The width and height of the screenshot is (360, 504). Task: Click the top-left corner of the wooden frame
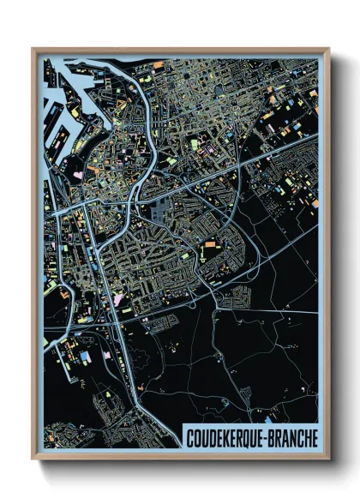coord(33,50)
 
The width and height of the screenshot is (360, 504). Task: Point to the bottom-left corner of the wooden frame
coord(33,458)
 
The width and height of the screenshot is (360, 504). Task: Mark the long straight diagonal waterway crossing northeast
coord(257,163)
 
